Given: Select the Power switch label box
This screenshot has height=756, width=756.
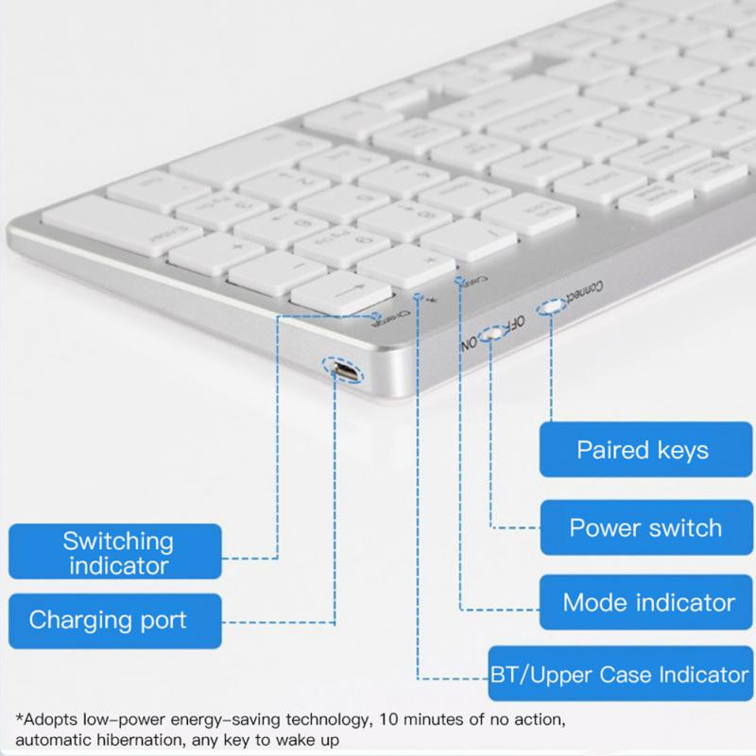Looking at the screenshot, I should click(643, 526).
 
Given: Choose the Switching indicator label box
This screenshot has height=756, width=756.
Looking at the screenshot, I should click(118, 554).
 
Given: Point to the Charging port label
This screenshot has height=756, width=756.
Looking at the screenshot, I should click(108, 621).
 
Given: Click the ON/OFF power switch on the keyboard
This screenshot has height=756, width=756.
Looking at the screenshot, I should click(490, 335).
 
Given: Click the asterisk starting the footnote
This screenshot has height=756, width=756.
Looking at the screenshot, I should click(20, 718).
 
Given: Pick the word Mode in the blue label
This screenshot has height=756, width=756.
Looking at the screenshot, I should click(596, 602).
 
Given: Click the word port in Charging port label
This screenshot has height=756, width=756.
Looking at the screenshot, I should click(155, 621).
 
